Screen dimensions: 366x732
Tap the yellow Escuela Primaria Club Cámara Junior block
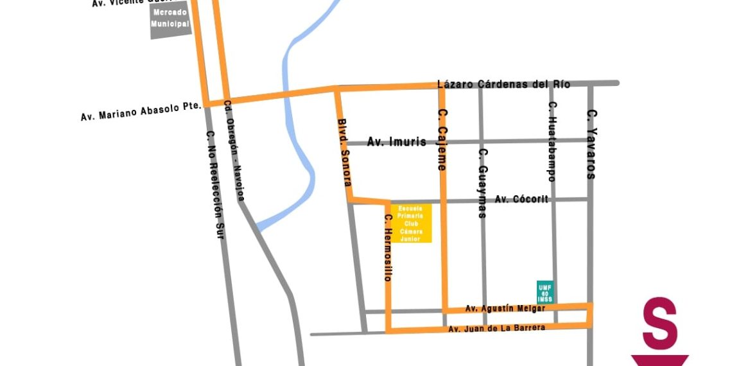(x=410, y=223)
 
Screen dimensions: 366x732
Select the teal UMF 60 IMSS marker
(x=545, y=292)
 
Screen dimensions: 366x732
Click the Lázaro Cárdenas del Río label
(x=503, y=84)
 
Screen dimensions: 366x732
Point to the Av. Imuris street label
(x=396, y=142)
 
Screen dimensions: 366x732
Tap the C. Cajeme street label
(x=442, y=139)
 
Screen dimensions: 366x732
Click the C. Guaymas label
(x=483, y=183)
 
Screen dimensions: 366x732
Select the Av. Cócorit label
(x=521, y=199)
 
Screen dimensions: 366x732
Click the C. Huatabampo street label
(x=552, y=141)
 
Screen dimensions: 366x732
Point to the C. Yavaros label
(x=592, y=144)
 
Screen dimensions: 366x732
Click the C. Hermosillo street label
(x=388, y=248)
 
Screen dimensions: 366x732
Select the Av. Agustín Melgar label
(x=505, y=308)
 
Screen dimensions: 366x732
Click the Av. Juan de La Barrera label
(x=496, y=328)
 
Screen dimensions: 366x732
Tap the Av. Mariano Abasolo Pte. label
(x=141, y=110)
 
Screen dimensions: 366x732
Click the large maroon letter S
(x=660, y=323)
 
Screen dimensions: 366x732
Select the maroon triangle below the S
(x=660, y=360)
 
